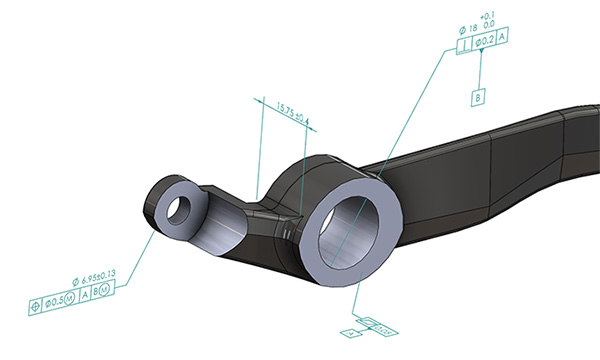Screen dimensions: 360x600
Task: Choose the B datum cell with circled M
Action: (106, 288)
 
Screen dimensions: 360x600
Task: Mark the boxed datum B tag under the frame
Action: (479, 97)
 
